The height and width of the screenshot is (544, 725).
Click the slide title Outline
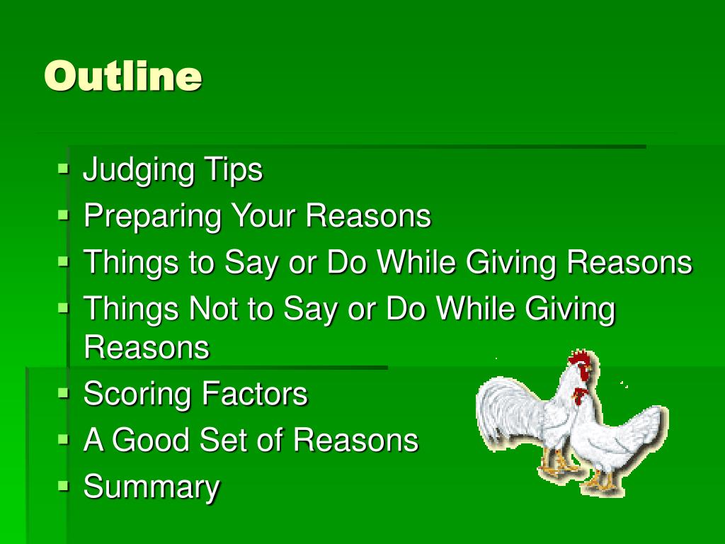[x=123, y=76]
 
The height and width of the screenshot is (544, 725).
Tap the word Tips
[x=233, y=171]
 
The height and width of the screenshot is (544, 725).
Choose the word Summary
[x=152, y=487]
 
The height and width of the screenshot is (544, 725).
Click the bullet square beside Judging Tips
[x=64, y=169]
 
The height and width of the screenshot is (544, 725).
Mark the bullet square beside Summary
[x=64, y=485]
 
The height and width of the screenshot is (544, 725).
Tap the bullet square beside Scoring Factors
[x=64, y=392]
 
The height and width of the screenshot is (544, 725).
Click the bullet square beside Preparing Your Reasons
[x=64, y=215]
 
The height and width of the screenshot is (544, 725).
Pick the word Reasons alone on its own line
[x=147, y=348]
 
